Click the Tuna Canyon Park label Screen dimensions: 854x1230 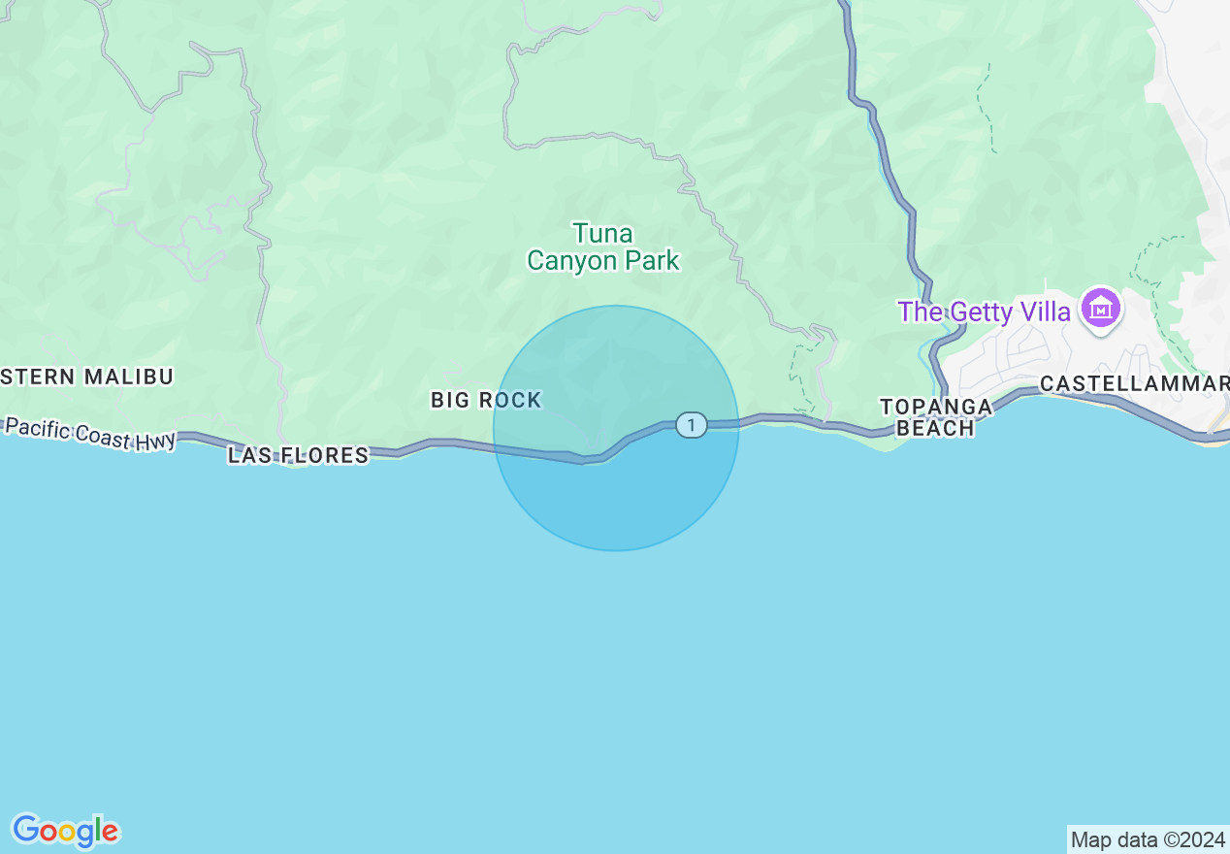click(x=602, y=246)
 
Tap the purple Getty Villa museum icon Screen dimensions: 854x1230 click(x=1102, y=311)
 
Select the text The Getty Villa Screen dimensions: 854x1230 click(x=984, y=312)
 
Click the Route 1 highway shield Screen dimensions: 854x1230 click(x=691, y=424)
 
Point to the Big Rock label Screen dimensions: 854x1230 click(x=486, y=400)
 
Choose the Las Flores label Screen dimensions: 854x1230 click(x=299, y=455)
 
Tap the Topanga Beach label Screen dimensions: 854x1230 click(x=936, y=417)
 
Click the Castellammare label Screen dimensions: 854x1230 click(x=1134, y=384)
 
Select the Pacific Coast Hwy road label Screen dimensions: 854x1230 click(x=91, y=433)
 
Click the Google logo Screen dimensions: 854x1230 click(x=65, y=831)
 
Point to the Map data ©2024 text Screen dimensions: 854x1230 click(x=1148, y=839)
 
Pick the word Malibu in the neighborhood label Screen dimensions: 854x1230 click(x=128, y=377)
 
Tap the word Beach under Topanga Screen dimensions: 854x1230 click(x=935, y=428)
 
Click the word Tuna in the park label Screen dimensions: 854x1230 click(x=602, y=234)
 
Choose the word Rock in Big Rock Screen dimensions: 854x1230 click(x=511, y=400)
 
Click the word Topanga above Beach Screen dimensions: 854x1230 click(x=936, y=407)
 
